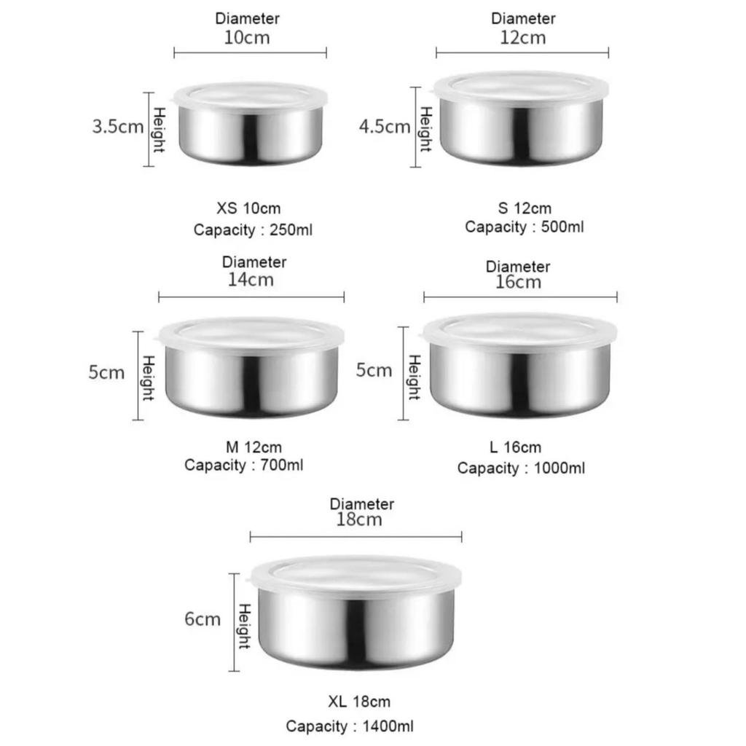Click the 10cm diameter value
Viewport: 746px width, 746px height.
[x=247, y=38]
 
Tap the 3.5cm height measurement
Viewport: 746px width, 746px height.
[x=117, y=127]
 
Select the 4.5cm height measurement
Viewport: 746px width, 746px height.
[x=385, y=127]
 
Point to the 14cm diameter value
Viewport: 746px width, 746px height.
[x=251, y=280]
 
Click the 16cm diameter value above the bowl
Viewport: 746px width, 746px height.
[x=518, y=282]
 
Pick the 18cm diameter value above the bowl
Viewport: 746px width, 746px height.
[x=359, y=519]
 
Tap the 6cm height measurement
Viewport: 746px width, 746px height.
[x=203, y=619]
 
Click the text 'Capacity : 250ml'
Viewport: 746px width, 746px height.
[x=253, y=229]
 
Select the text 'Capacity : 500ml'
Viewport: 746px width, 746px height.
[x=525, y=227]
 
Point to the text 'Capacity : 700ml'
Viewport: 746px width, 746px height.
[x=243, y=465]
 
